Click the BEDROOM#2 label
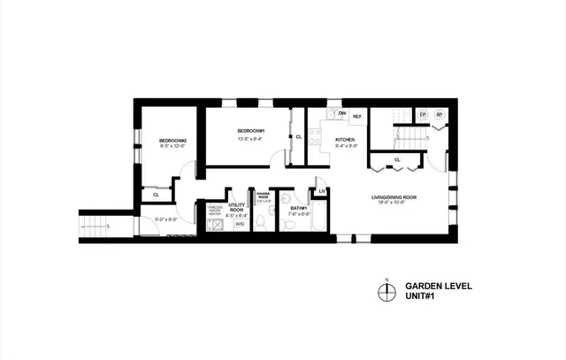click(171, 141)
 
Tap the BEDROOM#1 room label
click(251, 131)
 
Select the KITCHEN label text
click(345, 141)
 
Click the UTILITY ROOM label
click(236, 207)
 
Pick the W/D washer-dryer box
click(239, 225)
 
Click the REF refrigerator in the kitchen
click(357, 117)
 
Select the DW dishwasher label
click(340, 115)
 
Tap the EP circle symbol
click(423, 115)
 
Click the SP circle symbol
click(438, 115)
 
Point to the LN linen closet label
click(323, 191)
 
